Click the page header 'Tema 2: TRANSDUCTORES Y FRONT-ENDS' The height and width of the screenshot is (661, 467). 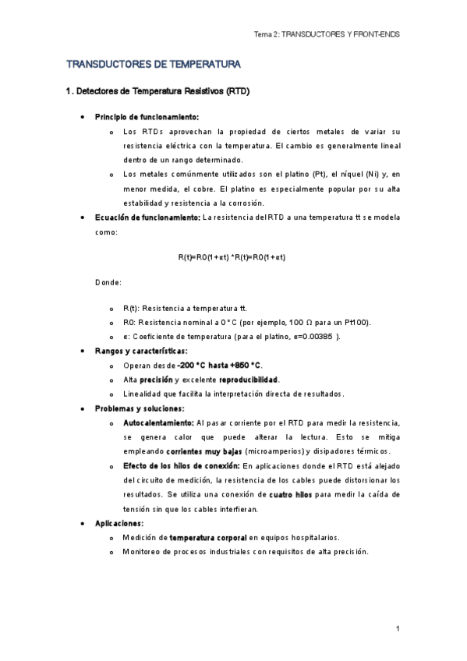pos(327,35)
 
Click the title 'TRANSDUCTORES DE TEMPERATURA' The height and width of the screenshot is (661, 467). pos(154,64)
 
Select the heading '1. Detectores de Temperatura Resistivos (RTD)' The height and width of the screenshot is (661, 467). pos(158,91)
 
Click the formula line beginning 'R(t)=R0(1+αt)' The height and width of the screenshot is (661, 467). pos(236,256)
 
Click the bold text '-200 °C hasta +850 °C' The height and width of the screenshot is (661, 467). pos(219,365)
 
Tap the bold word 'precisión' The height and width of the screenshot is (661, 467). pos(156,380)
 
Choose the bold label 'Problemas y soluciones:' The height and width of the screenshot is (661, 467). pos(140,408)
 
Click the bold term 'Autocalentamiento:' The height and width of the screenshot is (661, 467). pos(159,422)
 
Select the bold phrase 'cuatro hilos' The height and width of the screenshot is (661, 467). pos(292,494)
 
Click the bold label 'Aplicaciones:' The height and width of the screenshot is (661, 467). pos(119,524)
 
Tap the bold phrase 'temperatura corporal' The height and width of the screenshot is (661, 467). pos(208,537)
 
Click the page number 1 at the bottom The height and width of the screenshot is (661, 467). pos(397,628)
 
